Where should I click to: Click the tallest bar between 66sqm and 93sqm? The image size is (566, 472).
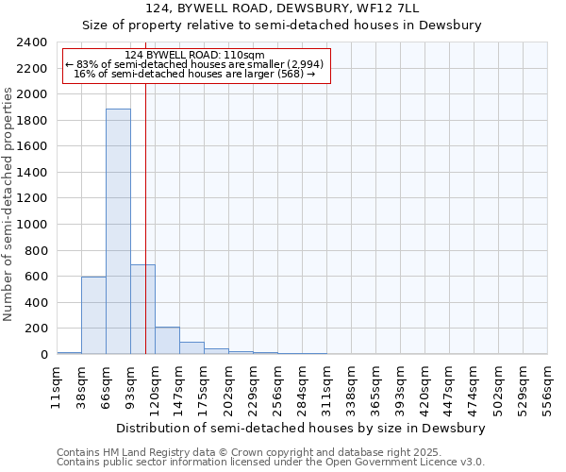pos(118,231)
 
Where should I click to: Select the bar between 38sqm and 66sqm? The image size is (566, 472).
pos(93,315)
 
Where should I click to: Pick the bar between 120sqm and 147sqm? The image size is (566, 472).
pos(167,341)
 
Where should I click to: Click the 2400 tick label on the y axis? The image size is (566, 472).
pos(32,42)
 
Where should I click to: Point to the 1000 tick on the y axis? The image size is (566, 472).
pos(32,225)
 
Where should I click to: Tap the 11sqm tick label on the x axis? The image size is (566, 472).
pos(57,387)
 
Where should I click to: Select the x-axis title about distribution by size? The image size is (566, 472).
pos(302,428)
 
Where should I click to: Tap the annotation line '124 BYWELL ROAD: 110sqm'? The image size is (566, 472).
pos(195,55)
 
